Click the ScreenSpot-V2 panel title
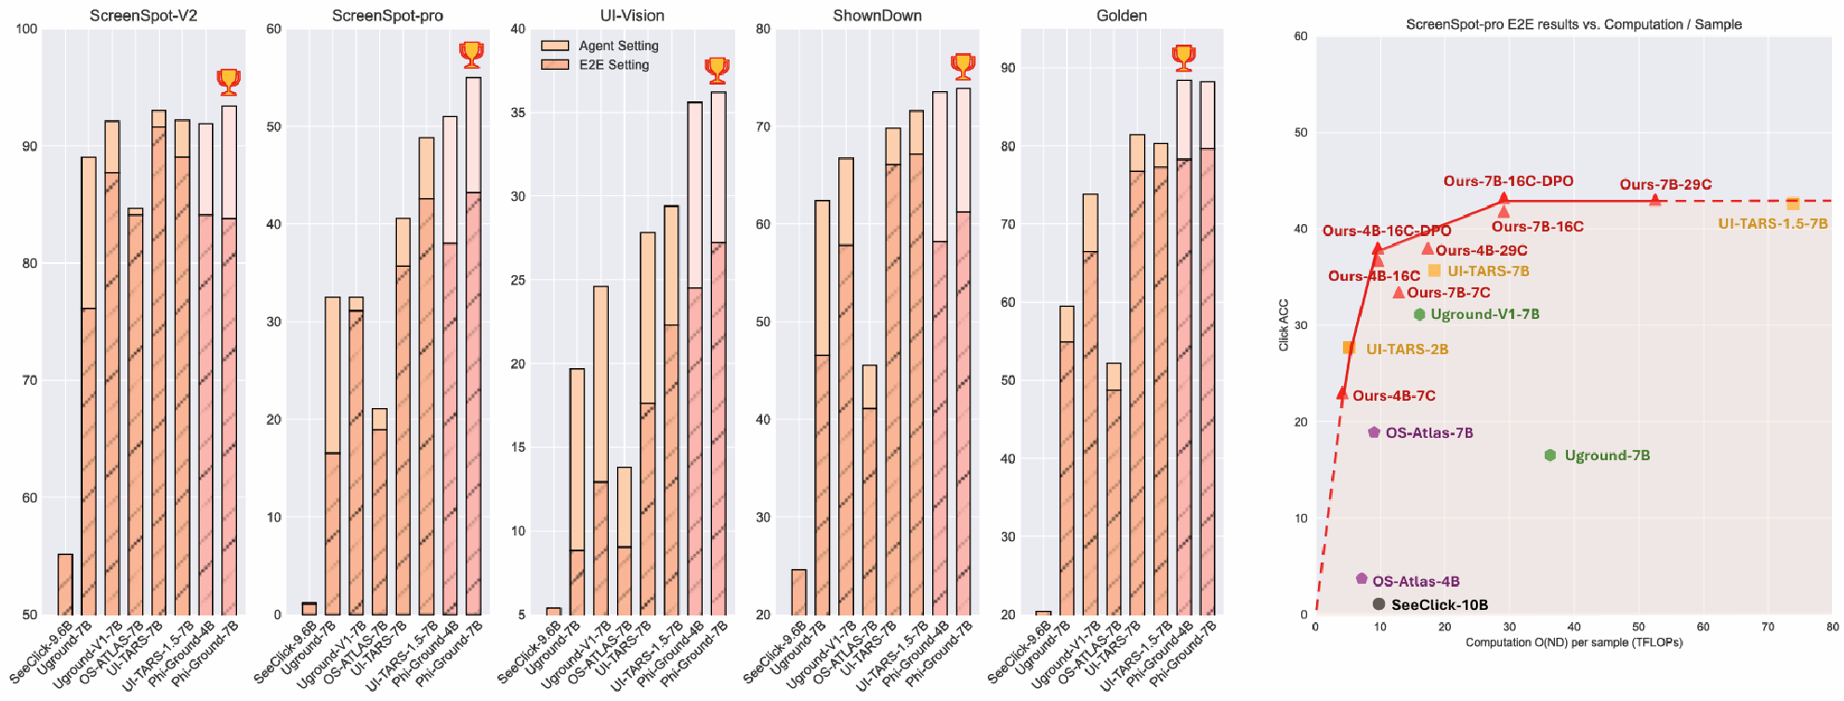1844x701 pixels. (143, 16)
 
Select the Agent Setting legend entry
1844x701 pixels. (618, 46)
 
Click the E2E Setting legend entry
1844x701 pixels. (613, 65)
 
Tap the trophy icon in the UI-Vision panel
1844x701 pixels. (717, 70)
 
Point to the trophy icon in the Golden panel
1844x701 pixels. (1183, 58)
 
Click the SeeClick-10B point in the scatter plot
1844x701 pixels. (1379, 604)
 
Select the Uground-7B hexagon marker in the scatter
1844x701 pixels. (1550, 456)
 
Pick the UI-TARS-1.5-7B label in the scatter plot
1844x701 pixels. (1772, 224)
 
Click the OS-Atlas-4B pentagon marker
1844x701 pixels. (1362, 578)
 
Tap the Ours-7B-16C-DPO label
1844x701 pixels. (1508, 181)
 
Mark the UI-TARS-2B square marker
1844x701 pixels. (1349, 348)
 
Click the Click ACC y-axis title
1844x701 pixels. (1284, 324)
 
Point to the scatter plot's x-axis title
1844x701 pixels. (1574, 642)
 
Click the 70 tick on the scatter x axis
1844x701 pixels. (1768, 627)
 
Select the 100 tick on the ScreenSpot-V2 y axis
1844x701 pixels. (27, 29)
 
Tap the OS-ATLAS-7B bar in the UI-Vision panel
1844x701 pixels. (625, 549)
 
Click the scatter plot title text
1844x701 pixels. (1574, 24)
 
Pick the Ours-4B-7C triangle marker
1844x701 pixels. (1342, 394)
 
